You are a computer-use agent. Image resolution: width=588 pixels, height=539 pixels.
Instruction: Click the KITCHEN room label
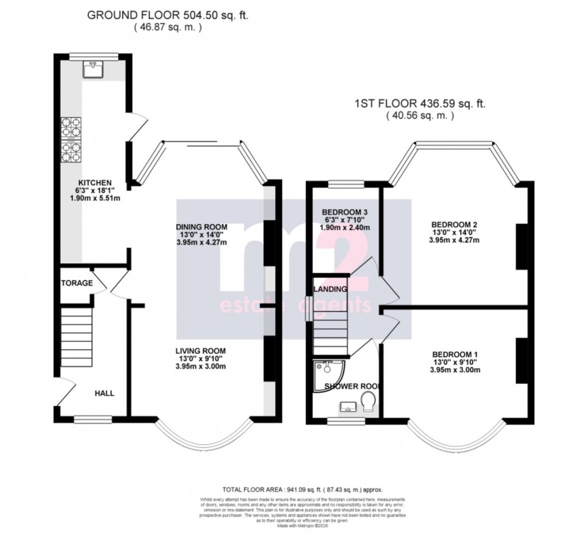(95, 183)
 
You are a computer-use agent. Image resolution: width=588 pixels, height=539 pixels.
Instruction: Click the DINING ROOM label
(202, 226)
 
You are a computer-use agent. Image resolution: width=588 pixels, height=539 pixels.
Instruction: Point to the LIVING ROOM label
(201, 351)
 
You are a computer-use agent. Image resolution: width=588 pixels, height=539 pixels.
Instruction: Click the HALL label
(105, 394)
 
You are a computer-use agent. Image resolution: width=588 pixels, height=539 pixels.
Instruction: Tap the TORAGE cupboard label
(77, 283)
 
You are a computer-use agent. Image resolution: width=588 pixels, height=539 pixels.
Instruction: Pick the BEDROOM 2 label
(454, 225)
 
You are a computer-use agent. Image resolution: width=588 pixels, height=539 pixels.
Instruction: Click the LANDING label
(330, 288)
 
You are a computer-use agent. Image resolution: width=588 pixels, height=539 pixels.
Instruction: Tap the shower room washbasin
(347, 407)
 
